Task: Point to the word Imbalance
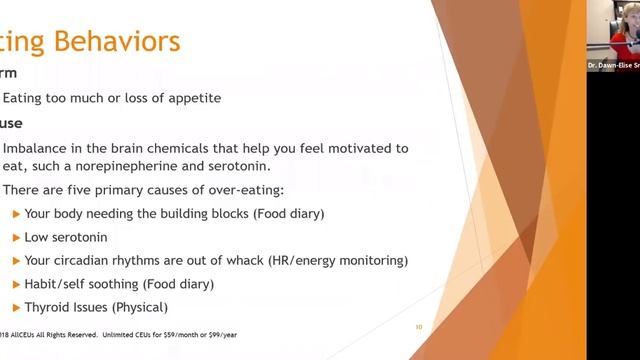click(37, 148)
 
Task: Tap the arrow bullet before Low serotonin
click(15, 237)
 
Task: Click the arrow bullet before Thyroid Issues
click(15, 307)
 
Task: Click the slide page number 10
click(419, 327)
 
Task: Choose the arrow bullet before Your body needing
click(15, 213)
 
